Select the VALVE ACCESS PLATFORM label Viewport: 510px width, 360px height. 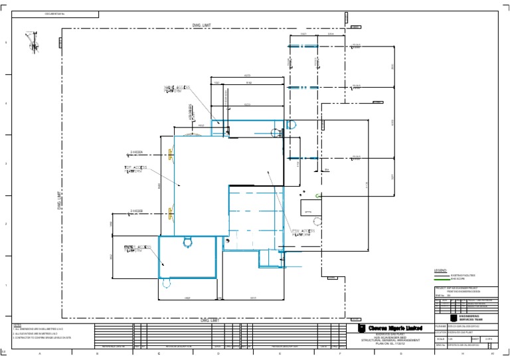click(x=177, y=89)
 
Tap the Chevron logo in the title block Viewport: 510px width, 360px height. click(x=362, y=329)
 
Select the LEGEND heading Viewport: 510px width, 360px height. click(x=440, y=271)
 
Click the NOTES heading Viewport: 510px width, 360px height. click(x=17, y=325)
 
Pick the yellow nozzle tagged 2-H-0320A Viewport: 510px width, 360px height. click(x=171, y=155)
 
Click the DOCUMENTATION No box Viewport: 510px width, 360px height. click(x=59, y=13)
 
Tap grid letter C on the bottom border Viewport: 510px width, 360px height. click(x=158, y=353)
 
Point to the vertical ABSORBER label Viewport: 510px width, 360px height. click(x=191, y=112)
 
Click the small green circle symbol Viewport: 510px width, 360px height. click(x=317, y=195)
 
